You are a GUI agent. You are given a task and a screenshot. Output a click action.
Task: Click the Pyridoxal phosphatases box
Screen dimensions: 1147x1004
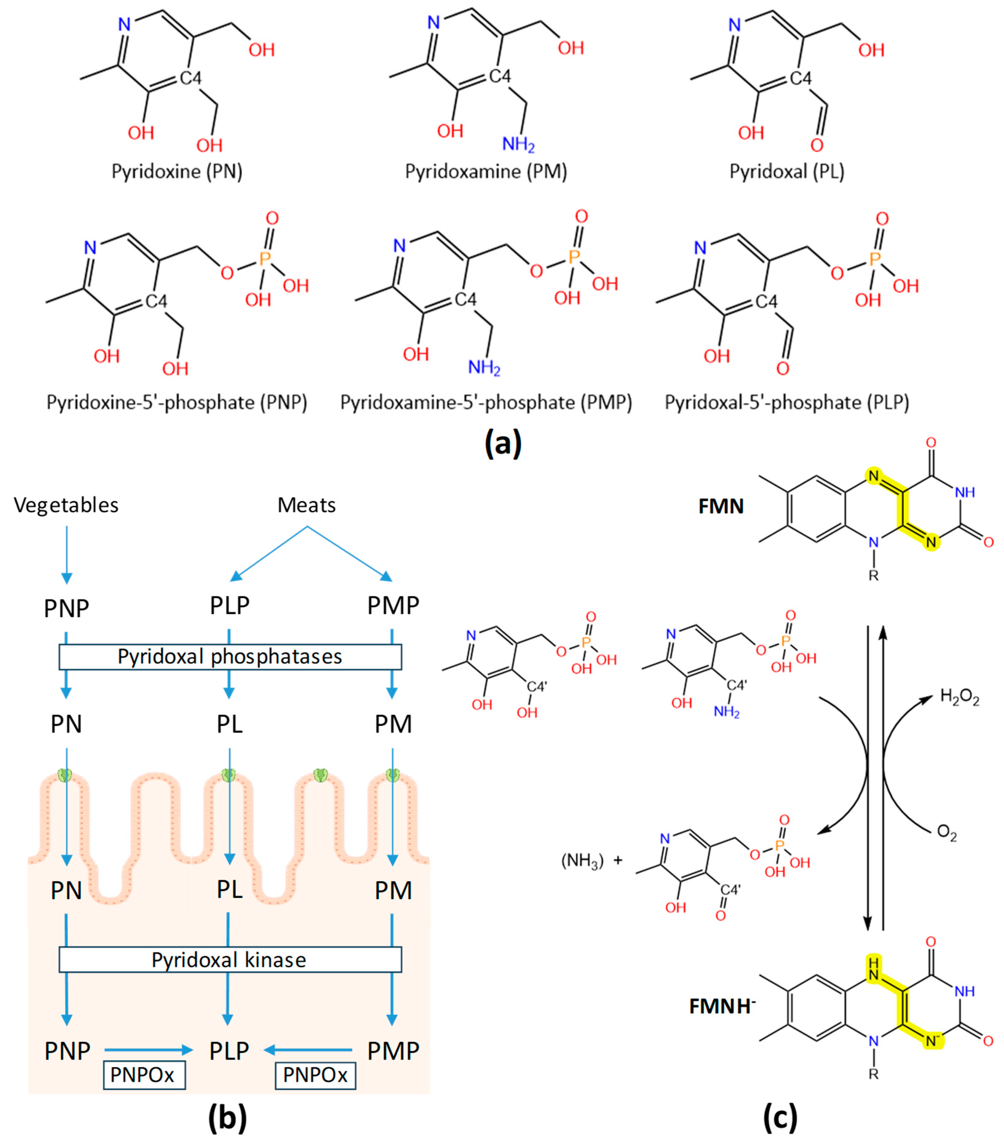coord(230,657)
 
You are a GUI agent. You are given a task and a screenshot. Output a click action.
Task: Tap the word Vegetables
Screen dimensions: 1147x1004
coord(66,505)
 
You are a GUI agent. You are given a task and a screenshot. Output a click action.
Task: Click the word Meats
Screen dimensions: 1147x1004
coord(306,505)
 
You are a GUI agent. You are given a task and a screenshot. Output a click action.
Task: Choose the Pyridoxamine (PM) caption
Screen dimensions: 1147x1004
coord(486,171)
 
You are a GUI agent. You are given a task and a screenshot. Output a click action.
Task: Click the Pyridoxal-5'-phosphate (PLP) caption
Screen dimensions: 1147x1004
coord(787,402)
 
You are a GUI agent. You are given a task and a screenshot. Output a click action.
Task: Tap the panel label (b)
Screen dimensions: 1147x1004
coord(227,1118)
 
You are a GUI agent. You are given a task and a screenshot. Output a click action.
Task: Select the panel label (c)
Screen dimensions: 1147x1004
coord(780,1118)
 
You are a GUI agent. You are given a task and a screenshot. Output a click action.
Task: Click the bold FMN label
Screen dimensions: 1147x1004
coord(721,506)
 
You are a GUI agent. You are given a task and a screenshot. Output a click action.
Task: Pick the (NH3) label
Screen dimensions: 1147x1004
coord(582,860)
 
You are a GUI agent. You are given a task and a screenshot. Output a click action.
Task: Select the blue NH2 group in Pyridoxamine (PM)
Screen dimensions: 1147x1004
coord(518,145)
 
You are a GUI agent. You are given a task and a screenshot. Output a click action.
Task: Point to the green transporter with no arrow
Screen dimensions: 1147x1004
coord(320,775)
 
